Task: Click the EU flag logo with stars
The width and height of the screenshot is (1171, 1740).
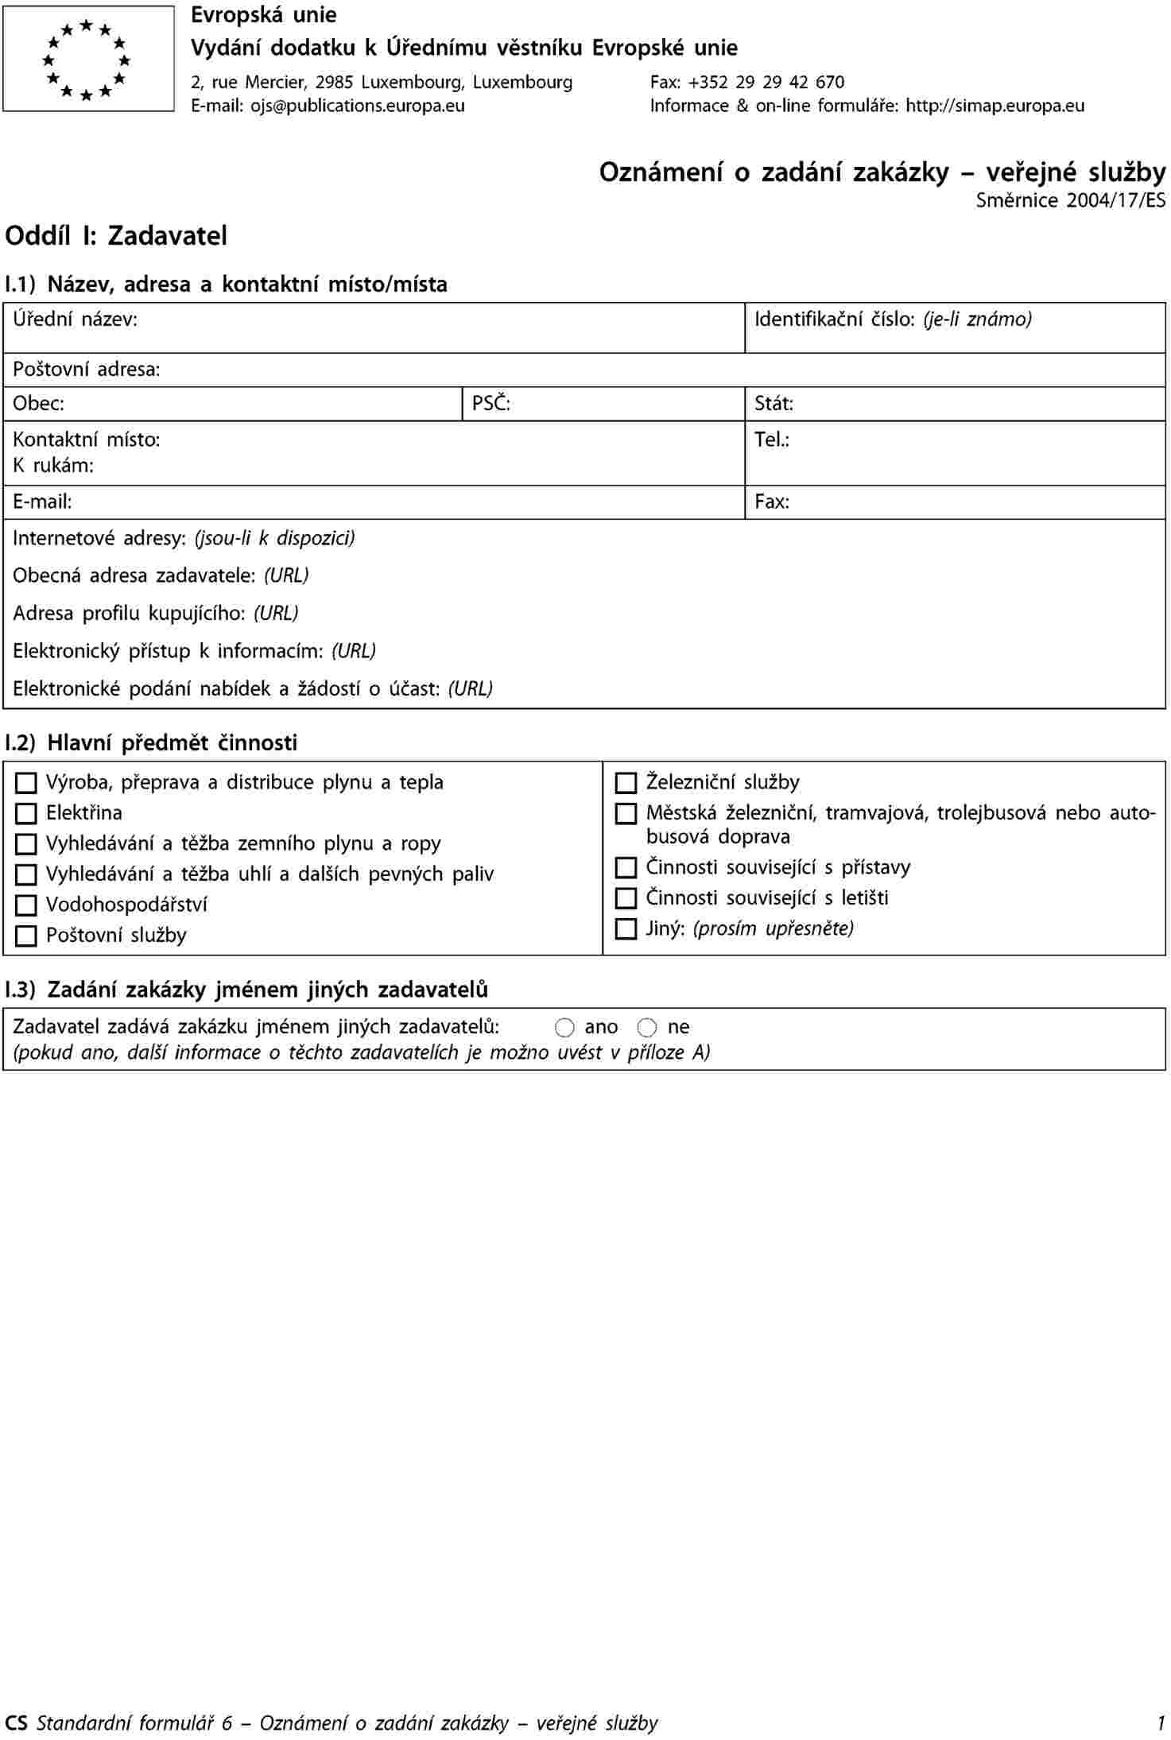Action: (x=88, y=59)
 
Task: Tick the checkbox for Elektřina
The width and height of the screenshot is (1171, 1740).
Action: (x=26, y=813)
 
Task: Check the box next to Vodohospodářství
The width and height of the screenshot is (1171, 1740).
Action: (x=26, y=905)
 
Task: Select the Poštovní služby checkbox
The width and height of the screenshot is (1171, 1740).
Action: (x=26, y=936)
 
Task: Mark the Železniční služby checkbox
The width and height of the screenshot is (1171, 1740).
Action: (x=626, y=783)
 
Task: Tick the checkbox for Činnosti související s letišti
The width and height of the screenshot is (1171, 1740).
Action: (x=626, y=898)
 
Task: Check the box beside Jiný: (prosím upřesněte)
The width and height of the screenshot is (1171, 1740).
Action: (x=626, y=929)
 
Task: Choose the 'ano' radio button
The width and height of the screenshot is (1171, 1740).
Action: (x=564, y=1028)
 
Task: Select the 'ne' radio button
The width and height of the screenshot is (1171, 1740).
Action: (x=647, y=1028)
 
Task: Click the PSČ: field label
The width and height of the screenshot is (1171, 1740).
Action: (x=491, y=404)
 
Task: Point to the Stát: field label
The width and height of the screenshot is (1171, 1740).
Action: (x=774, y=404)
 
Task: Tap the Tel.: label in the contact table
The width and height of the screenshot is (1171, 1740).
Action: (x=771, y=440)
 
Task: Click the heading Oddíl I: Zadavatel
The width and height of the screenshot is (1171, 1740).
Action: (x=116, y=236)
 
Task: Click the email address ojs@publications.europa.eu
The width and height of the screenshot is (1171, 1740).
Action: (x=358, y=106)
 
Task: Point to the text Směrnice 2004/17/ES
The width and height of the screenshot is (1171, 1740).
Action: (x=1070, y=200)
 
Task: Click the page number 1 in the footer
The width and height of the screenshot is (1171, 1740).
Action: (x=1161, y=1723)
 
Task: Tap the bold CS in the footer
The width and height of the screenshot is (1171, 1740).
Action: (x=16, y=1723)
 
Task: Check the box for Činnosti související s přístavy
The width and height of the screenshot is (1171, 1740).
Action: (x=626, y=867)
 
